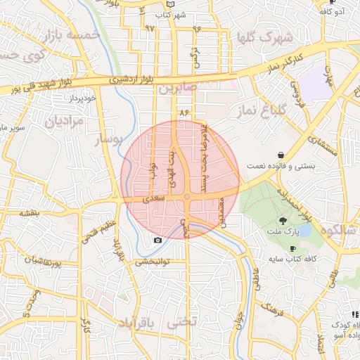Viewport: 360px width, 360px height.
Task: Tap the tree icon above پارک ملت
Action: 292,221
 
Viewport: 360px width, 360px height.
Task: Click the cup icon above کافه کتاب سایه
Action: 292,248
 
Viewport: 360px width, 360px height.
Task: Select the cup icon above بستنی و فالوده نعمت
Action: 281,155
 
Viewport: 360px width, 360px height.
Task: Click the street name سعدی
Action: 154,199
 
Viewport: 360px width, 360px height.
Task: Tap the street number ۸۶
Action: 185,112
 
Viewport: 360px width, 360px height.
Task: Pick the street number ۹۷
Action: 149,28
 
